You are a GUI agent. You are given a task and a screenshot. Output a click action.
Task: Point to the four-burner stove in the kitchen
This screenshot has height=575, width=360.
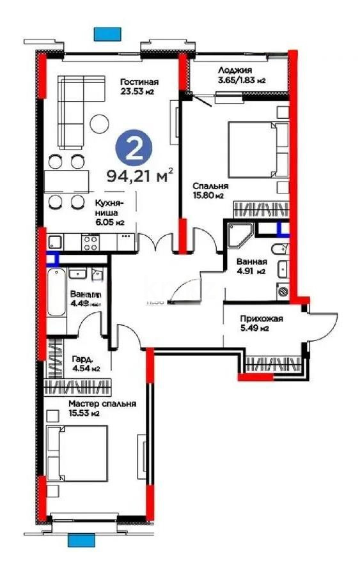pyautogui.click(x=90, y=242)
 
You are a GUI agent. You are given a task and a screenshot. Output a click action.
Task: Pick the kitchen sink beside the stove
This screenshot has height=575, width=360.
pyautogui.click(x=54, y=242)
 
